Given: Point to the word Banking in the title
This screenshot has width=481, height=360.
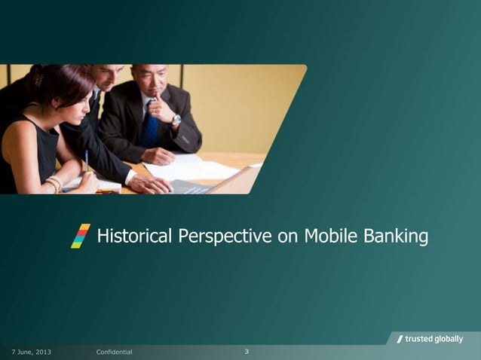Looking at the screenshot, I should click(x=394, y=237).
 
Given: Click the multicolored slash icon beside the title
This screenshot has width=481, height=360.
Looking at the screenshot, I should click(x=81, y=236).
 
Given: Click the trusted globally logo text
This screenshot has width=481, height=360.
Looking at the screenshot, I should click(x=434, y=339).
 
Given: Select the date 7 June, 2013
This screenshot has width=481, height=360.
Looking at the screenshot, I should click(x=31, y=352).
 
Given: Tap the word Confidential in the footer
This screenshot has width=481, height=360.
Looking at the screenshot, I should click(x=115, y=352).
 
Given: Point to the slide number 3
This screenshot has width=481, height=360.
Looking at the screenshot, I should click(x=247, y=352).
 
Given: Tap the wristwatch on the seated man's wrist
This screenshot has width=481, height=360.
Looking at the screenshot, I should click(x=176, y=120).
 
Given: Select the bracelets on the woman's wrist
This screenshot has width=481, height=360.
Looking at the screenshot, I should click(x=53, y=183).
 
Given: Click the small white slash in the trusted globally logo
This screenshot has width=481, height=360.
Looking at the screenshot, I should click(x=400, y=339).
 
